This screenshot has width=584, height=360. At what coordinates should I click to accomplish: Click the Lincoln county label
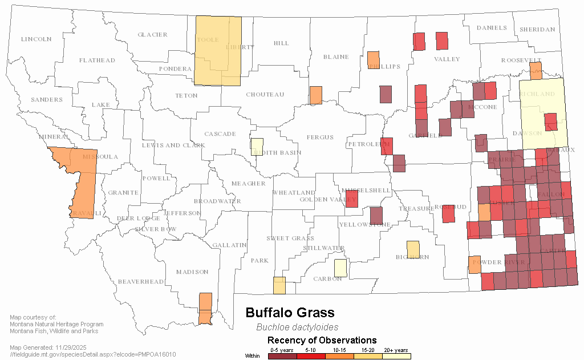pos(36,39)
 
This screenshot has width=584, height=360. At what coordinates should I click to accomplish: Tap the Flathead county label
pos(97,60)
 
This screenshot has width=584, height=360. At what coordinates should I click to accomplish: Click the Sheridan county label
pos(537,30)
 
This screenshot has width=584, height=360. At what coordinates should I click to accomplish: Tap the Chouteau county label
pos(265,95)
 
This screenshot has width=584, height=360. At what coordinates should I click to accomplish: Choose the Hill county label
pos(281,43)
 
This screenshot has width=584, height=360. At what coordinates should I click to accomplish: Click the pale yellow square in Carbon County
pos(340,268)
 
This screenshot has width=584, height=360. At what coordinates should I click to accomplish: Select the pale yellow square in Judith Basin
pos(257,147)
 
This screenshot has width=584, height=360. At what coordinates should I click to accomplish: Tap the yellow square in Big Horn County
pos(413,249)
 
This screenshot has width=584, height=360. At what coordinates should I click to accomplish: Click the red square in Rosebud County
pos(449,212)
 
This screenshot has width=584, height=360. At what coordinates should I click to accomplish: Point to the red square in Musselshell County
pos(352,199)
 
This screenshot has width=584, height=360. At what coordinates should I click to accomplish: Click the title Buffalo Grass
pos(290,313)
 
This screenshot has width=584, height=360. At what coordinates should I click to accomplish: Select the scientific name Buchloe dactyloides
pos(297,327)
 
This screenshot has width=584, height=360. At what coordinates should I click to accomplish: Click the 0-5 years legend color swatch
pos(282,356)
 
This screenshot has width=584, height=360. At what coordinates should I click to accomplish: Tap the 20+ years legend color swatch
pos(396,356)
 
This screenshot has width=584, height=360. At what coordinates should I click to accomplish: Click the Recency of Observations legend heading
pos(322,341)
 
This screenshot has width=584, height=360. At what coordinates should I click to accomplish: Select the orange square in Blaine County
pos(315,95)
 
